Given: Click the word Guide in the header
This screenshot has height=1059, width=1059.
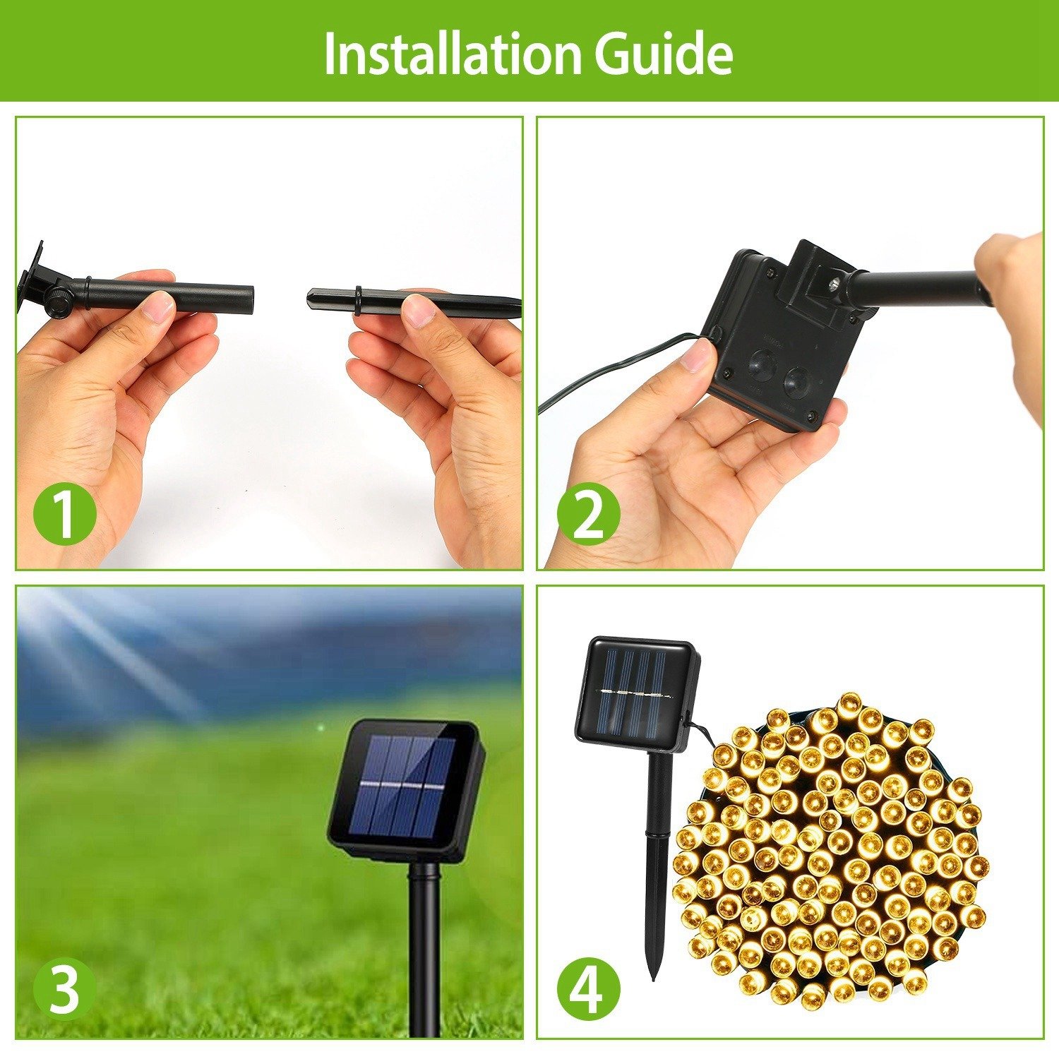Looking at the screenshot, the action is point(663,54).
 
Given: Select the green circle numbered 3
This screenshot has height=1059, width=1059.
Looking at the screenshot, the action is point(64,988).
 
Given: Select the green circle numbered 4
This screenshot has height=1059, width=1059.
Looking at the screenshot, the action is point(588,988).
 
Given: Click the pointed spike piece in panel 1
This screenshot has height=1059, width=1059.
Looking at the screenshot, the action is point(414,301).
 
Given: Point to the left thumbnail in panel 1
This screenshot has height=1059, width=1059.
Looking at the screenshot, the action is point(157,306).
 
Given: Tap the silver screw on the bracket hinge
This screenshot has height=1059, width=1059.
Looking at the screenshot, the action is point(834,285).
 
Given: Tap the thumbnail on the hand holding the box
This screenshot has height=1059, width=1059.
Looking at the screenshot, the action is point(697,355).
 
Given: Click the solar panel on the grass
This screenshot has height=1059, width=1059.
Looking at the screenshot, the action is point(404,789).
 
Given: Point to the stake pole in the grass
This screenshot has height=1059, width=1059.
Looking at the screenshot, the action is point(424,950).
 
